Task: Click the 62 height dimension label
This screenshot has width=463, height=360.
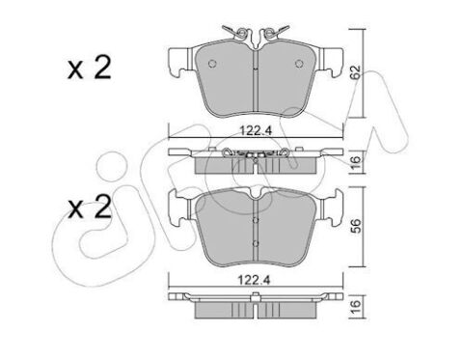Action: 356,73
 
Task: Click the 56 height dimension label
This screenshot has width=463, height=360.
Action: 356,226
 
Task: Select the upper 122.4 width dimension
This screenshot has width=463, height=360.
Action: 256,131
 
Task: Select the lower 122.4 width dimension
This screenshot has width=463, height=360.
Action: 254,280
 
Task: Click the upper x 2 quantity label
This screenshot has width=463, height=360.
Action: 89,68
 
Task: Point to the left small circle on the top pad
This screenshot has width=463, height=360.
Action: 212,64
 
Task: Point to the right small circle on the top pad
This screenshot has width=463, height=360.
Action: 299,64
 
